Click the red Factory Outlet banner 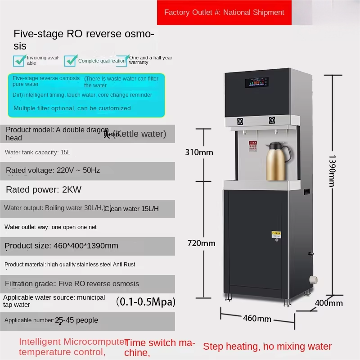[x=224, y=13]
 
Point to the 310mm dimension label [x=199, y=152]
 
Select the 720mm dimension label [x=201, y=243]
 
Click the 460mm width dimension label [x=257, y=319]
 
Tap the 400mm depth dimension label [x=328, y=303]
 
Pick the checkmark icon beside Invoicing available [x=19, y=60]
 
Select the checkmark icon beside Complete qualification [x=70, y=61]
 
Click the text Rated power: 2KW [x=44, y=189]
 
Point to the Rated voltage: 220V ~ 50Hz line [x=53, y=170]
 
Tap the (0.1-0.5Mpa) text [x=145, y=301]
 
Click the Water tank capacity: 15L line [x=37, y=152]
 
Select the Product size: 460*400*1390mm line [x=61, y=245]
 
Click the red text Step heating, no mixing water [x=267, y=346]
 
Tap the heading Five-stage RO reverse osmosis [x=84, y=40]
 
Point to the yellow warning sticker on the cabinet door [x=275, y=234]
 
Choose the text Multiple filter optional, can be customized [x=72, y=108]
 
